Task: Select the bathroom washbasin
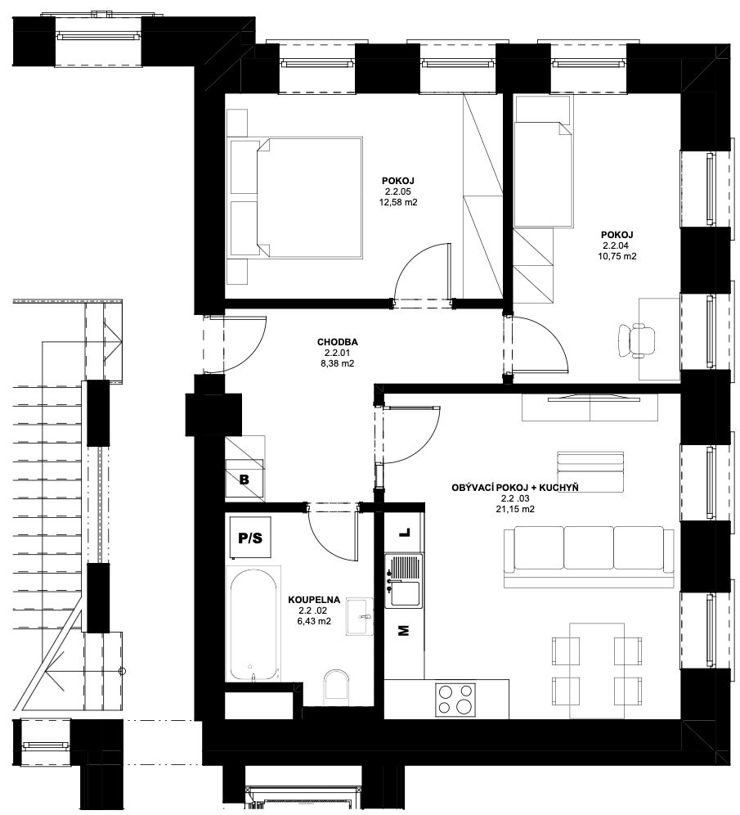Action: pos(359,616)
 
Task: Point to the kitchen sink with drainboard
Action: pos(403,581)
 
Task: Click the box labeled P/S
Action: pos(250,538)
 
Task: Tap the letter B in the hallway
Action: pos(244,480)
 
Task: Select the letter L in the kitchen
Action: pos(404,533)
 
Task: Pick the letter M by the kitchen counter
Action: pos(403,631)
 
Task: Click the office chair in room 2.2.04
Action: pos(636,340)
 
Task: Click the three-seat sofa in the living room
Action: pos(589,556)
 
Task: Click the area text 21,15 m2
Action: pos(515,509)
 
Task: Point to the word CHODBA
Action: pos(338,343)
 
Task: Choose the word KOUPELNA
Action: pos(314,600)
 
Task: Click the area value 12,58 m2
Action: pos(398,202)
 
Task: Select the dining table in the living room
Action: pos(596,670)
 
